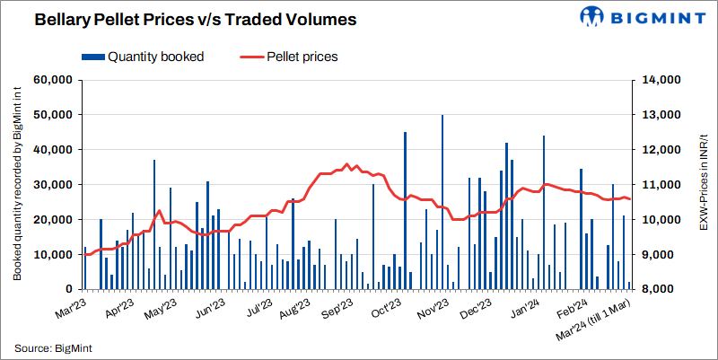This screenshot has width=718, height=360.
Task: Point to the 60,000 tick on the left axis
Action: coord(52,80)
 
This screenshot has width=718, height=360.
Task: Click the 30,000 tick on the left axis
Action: coord(52,185)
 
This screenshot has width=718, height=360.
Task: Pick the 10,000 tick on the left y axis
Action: coord(52,255)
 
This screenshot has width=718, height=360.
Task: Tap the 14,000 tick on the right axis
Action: coord(664,80)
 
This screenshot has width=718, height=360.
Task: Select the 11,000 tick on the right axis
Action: coord(664,185)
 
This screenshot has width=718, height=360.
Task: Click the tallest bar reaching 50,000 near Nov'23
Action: coord(442,202)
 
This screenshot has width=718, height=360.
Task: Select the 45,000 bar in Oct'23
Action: coord(405,211)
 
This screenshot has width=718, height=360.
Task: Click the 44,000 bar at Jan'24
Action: coord(544,213)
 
